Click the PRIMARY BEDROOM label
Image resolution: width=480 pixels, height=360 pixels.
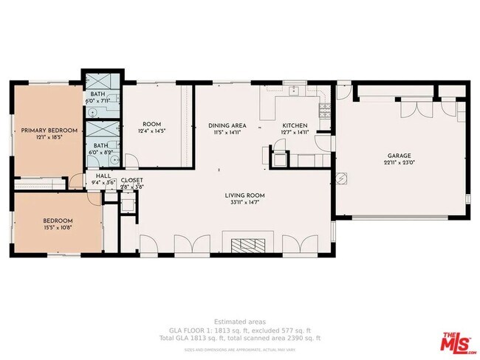click(46, 131)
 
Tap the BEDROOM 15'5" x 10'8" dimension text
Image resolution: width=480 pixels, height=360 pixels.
click(57, 228)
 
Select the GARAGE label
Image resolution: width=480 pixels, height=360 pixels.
click(400, 156)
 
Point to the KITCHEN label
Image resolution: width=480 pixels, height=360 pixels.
click(295, 125)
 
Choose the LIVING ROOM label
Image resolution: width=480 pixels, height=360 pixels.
click(243, 195)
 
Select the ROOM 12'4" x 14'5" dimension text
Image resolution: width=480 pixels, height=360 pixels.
click(151, 131)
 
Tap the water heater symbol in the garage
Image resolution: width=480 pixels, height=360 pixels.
click(342, 177)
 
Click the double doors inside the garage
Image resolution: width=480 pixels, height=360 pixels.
click(411, 109)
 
